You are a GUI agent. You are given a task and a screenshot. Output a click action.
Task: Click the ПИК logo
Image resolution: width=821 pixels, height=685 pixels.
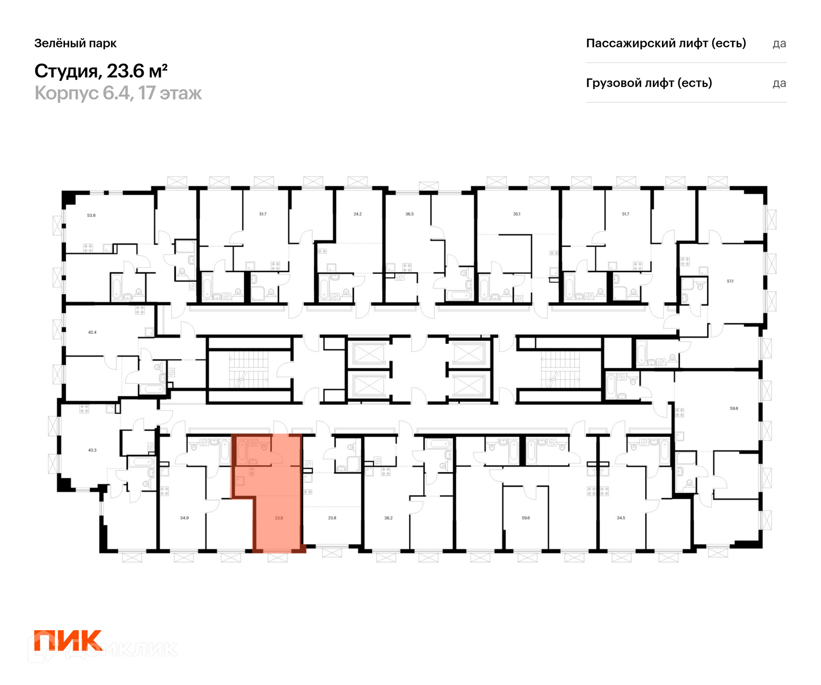tap(68, 640)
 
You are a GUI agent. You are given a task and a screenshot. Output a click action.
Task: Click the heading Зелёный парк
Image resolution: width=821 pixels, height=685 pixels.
tap(75, 43)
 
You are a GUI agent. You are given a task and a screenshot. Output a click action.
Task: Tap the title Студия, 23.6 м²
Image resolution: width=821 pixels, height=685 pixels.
tap(101, 71)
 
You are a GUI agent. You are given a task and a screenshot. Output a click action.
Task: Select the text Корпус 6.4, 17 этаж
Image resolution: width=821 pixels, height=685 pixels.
tap(118, 93)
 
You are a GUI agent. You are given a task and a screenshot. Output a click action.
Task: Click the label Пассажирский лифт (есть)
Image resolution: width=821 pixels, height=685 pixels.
tap(666, 43)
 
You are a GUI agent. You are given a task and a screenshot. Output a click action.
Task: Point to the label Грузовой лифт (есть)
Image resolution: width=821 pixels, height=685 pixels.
tap(649, 83)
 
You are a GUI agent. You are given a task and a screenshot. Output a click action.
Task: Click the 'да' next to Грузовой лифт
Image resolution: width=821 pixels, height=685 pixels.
tap(779, 83)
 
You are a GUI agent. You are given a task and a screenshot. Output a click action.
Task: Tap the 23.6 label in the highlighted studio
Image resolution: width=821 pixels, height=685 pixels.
tap(279, 518)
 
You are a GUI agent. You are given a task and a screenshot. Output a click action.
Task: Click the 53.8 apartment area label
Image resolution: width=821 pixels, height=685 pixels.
tap(92, 215)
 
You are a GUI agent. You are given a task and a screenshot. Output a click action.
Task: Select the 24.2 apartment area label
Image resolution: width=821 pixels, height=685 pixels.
tap(357, 214)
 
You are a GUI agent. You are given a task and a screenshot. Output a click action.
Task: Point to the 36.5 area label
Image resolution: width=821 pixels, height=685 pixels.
tap(410, 214)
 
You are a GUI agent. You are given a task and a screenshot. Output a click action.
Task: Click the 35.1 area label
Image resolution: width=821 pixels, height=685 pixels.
tap(517, 214)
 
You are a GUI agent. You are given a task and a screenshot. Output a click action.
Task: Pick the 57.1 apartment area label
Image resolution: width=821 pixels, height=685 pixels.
tap(730, 281)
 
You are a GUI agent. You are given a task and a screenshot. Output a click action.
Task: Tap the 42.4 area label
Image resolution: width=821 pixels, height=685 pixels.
tap(92, 332)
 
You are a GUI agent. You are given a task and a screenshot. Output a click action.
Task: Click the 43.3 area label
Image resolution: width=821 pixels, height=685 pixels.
tap(92, 450)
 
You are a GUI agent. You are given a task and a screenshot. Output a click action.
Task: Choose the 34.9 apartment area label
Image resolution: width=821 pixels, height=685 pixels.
tap(184, 518)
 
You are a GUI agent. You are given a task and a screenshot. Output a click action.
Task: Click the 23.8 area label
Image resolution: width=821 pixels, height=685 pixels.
tap(332, 518)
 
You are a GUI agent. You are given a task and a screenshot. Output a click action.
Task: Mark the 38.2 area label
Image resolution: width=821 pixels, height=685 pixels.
tap(388, 518)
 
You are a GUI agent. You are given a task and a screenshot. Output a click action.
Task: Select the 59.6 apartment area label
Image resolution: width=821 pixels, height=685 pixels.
tap(526, 518)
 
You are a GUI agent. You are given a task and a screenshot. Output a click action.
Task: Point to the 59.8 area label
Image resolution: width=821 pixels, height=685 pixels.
tap(734, 408)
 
